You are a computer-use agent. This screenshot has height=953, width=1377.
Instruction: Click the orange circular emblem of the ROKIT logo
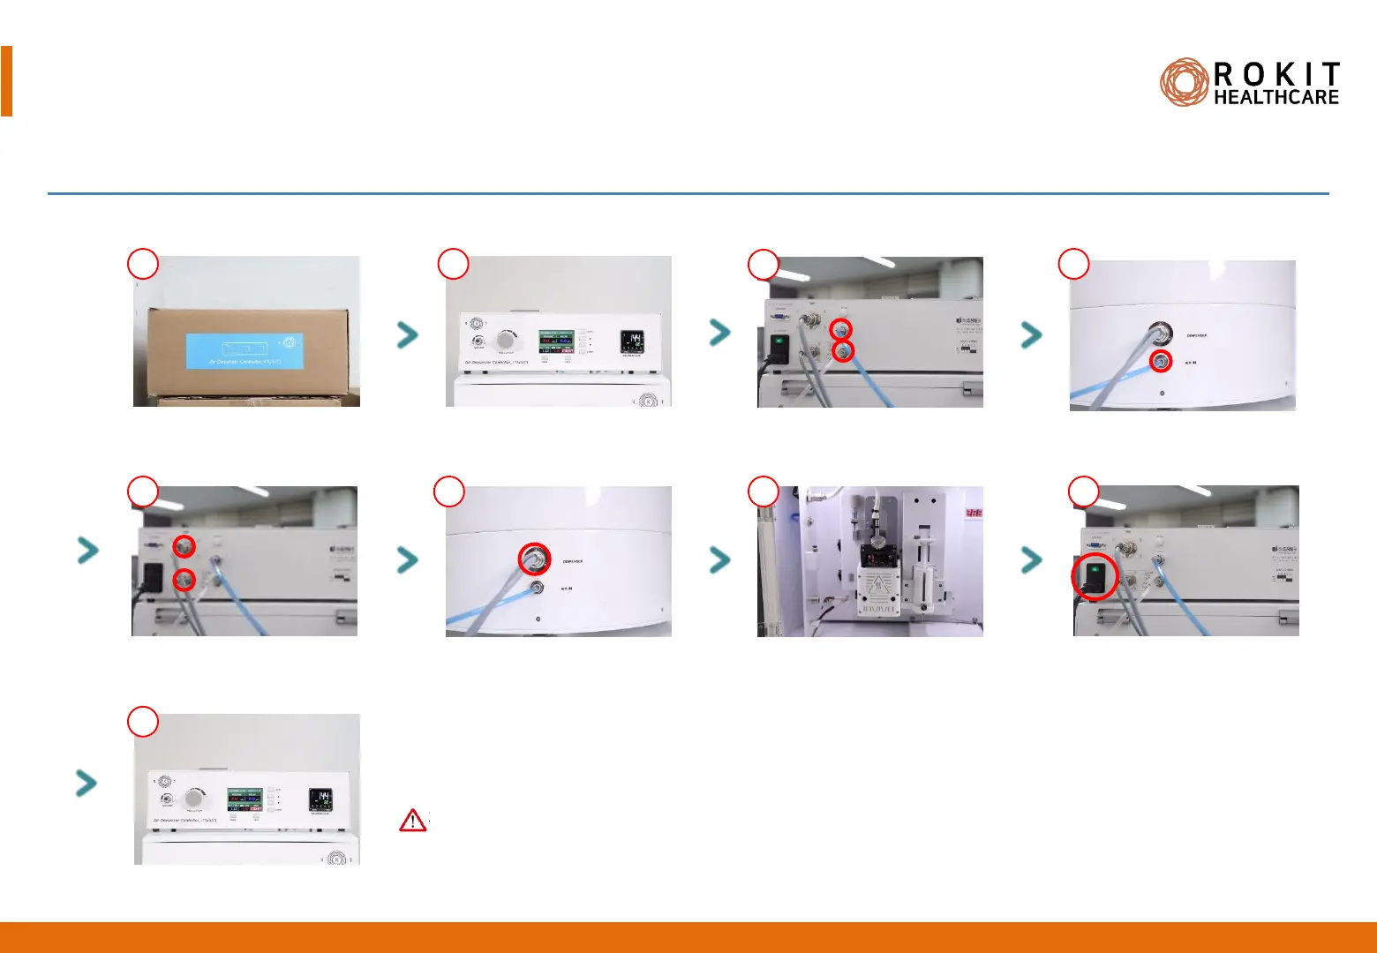(1184, 83)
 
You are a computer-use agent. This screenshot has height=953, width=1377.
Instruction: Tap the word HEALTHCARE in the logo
(1276, 98)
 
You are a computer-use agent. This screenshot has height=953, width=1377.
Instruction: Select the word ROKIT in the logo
(1276, 74)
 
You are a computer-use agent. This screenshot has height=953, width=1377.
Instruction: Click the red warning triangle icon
(412, 821)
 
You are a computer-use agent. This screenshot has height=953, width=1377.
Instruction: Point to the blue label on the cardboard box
(245, 350)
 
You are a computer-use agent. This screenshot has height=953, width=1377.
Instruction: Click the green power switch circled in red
(1095, 578)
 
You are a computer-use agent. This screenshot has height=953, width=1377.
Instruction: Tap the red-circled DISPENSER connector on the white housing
(533, 559)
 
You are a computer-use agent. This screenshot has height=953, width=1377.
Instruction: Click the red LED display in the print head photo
(973, 513)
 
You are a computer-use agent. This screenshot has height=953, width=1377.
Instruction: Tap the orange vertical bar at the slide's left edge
(6, 81)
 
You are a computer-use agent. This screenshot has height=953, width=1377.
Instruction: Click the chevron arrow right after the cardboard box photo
(407, 334)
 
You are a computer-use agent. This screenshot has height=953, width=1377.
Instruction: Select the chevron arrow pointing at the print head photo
(720, 559)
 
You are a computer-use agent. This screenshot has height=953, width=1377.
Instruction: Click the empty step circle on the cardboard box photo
(143, 264)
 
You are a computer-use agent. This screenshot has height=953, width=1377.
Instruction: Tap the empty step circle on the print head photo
(763, 492)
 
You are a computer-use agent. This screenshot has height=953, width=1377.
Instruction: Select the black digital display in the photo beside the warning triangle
(320, 800)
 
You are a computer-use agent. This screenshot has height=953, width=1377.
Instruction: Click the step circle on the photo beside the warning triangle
(143, 721)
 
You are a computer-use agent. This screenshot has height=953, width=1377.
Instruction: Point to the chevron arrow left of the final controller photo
(87, 783)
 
